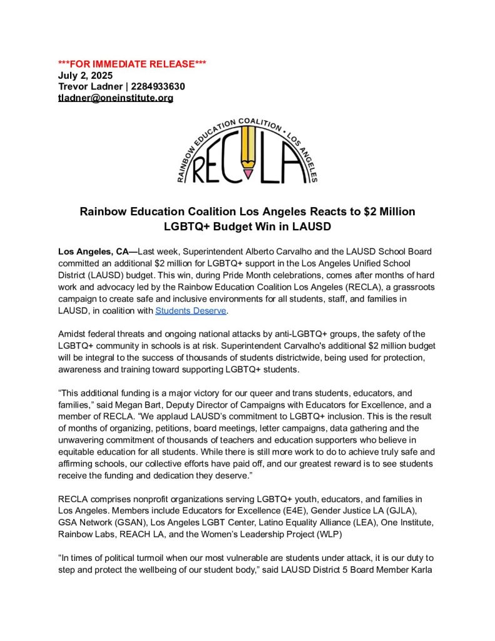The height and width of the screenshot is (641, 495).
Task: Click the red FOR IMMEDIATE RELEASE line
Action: click(x=132, y=64)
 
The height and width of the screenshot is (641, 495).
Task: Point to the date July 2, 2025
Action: click(x=86, y=75)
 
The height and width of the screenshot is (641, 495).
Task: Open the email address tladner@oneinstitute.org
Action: click(x=116, y=98)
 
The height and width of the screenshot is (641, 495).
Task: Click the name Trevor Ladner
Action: click(x=89, y=86)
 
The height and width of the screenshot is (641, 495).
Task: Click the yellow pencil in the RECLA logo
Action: click(x=248, y=156)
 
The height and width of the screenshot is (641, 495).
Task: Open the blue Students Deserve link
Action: click(x=191, y=310)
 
